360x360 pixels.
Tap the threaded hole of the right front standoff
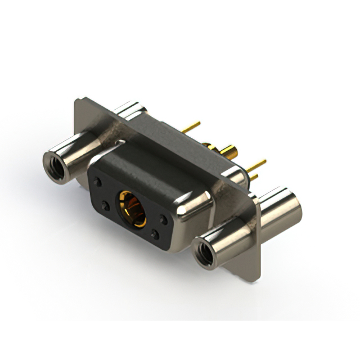coord(205,254)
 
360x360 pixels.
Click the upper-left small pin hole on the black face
coord(98,183)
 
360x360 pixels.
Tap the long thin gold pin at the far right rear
coord(257,165)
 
